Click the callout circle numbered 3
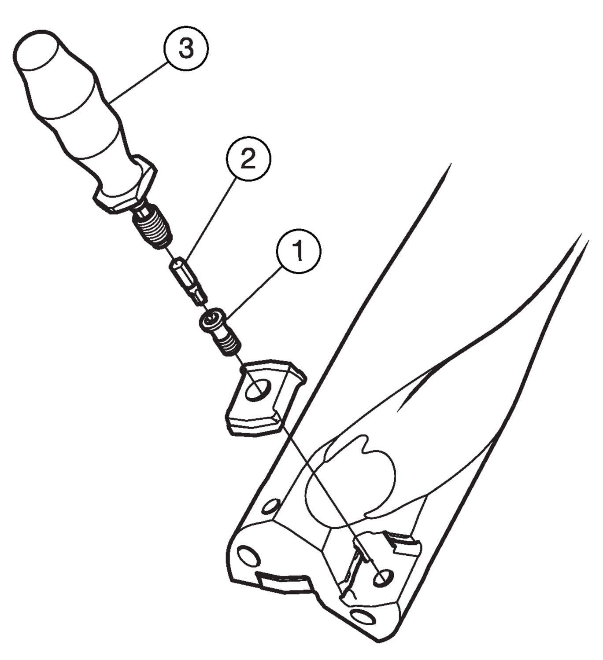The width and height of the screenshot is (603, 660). pyautogui.click(x=186, y=48)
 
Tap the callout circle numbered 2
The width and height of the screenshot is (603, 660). pyautogui.click(x=248, y=158)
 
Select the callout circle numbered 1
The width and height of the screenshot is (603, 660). pyautogui.click(x=299, y=251)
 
